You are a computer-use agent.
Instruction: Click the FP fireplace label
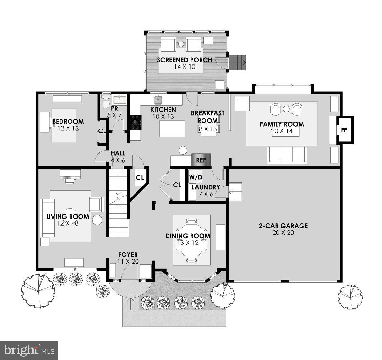[x=344, y=130]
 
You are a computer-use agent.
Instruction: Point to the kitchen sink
[x=158, y=99]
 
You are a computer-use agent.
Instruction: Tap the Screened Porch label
[x=184, y=60]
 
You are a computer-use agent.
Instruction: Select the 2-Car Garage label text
[x=283, y=226]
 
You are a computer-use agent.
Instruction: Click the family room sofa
[x=287, y=155]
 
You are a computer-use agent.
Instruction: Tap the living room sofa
[x=45, y=218]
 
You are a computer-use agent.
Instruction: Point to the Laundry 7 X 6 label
[x=206, y=190]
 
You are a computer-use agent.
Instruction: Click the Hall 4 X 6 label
[x=118, y=156]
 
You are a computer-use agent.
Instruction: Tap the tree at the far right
[x=350, y=295]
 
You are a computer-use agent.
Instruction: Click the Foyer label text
[x=128, y=255]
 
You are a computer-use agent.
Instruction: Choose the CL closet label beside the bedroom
[x=102, y=131]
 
